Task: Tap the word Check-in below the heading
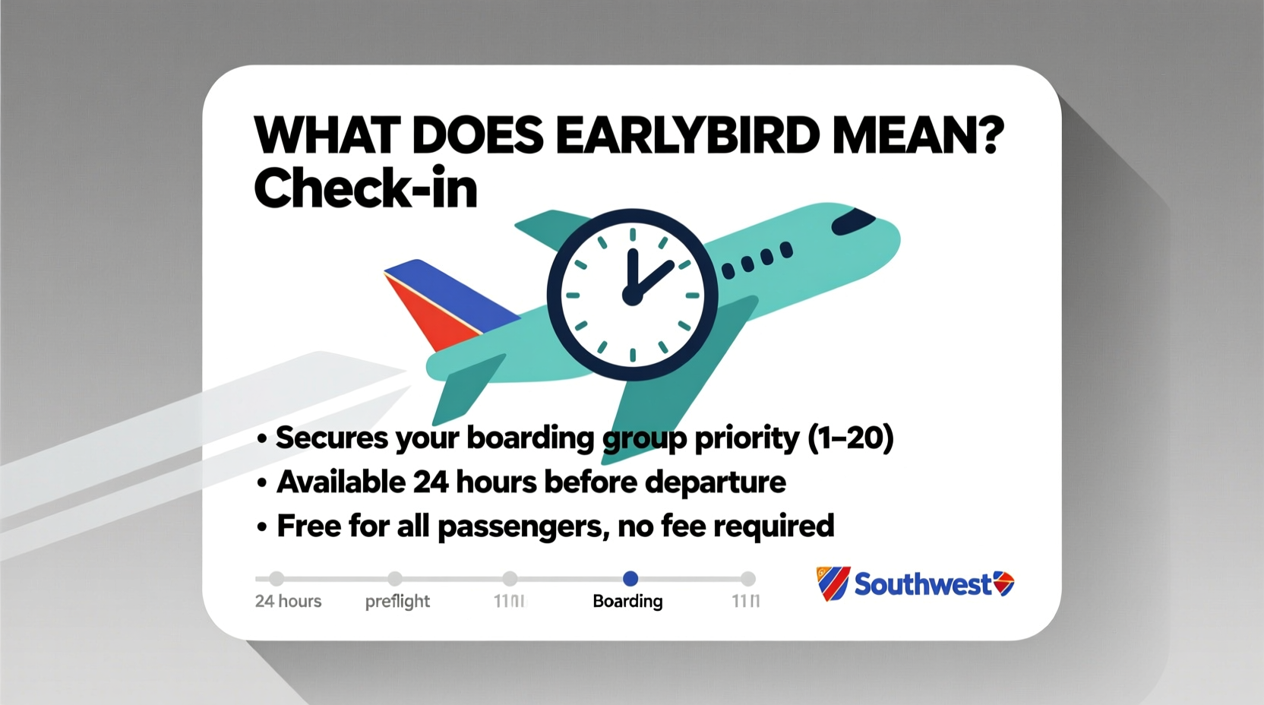click(365, 188)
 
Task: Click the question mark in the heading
click(988, 135)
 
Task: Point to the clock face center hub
click(632, 295)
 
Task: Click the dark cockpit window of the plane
click(852, 221)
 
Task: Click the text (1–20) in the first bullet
click(850, 438)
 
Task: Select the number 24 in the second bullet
click(431, 482)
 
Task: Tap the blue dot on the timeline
click(630, 579)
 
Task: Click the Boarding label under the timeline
click(627, 602)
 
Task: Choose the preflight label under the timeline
click(397, 602)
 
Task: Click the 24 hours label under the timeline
click(288, 602)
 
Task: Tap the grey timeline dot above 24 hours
click(276, 579)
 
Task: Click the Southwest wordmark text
click(923, 584)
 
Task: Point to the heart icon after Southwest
click(1003, 583)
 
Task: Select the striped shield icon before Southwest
click(832, 583)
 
